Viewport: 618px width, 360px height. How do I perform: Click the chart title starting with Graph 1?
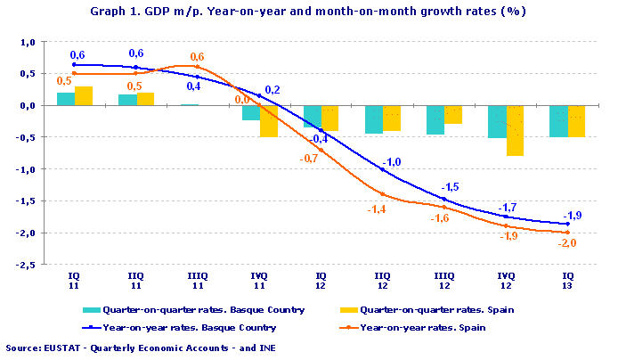[308, 12]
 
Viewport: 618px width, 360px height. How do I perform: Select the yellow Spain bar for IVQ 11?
[268, 120]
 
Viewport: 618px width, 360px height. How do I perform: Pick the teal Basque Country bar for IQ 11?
[65, 99]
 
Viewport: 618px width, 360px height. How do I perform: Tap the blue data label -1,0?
[393, 161]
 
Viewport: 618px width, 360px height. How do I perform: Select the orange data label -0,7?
[309, 158]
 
